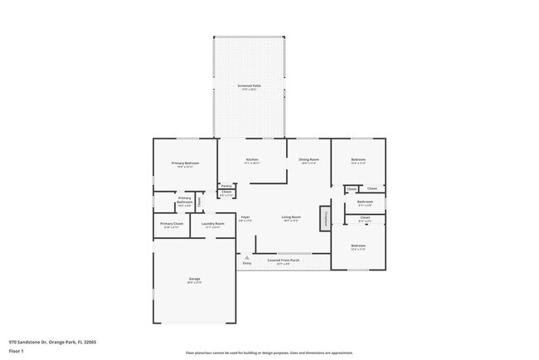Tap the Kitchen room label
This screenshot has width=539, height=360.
pyautogui.click(x=251, y=160)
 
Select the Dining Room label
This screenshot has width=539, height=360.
pyautogui.click(x=308, y=160)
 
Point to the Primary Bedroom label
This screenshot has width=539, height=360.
pyautogui.click(x=185, y=164)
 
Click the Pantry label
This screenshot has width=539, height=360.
pyautogui.click(x=226, y=186)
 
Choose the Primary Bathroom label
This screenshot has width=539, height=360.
pyautogui.click(x=184, y=199)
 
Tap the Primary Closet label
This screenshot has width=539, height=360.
pyautogui.click(x=172, y=225)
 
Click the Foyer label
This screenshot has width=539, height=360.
pyautogui.click(x=245, y=218)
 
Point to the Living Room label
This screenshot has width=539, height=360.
pyautogui.click(x=290, y=218)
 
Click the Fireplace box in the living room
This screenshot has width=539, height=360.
pyautogui.click(x=326, y=218)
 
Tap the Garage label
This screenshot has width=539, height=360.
pyautogui.click(x=194, y=280)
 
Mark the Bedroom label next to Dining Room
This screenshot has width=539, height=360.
pyautogui.click(x=358, y=160)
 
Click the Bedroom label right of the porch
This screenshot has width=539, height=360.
pyautogui.click(x=358, y=246)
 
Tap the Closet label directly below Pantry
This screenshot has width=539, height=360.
pyautogui.click(x=226, y=193)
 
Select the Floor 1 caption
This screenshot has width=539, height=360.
pyautogui.click(x=17, y=351)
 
